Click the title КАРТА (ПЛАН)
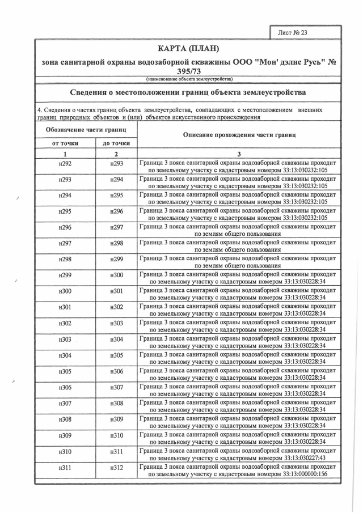pos(187,48)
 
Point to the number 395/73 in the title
pos(188,71)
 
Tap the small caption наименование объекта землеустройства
pos(187,79)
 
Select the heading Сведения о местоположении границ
pos(187,92)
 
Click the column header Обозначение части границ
pos(86,130)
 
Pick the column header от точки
pos(65,143)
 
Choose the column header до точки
pos(116,143)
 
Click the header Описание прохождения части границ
pos(238,135)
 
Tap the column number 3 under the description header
pos(239,154)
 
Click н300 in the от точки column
pos(65,291)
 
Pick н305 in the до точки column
pos(116,355)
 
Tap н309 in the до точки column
pos(116,419)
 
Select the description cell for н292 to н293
pos(238,166)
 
